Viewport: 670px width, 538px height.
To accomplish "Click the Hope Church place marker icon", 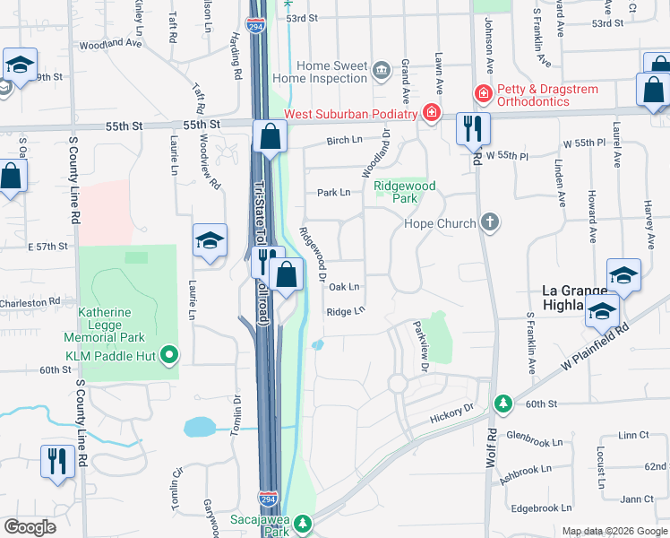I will pos(489,222).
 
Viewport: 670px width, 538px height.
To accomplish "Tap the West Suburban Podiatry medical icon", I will pos(432,113).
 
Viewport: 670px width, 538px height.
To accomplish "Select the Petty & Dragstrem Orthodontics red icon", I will pos(483,93).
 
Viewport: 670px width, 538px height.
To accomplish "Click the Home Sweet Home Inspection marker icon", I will pos(382,71).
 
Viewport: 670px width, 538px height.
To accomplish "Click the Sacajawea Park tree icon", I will pos(303,522).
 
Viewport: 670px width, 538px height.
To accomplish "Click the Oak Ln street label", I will pos(344,287).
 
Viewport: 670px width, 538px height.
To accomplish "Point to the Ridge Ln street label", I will pos(346,311).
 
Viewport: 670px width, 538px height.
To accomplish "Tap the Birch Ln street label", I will pos(344,141).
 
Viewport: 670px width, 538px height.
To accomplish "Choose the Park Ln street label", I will pos(332,193).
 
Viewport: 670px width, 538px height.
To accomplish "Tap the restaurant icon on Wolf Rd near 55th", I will pos(470,129).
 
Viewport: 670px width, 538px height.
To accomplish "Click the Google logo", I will pos(30,527).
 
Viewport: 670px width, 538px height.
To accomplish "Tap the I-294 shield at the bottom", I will pos(267,497).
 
